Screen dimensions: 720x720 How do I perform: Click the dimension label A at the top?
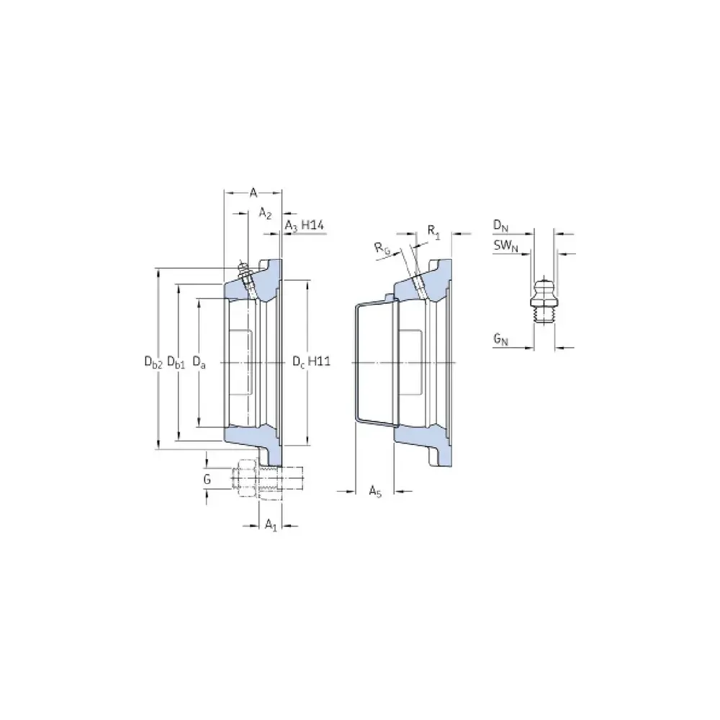(253, 192)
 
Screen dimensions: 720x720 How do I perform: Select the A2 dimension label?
(266, 213)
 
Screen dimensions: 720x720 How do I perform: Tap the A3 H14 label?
(305, 225)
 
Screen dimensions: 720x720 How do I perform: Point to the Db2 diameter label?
(153, 362)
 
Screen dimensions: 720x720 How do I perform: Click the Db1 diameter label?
(176, 362)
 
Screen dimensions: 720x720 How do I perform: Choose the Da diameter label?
(199, 362)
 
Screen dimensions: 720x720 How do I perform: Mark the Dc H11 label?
(312, 361)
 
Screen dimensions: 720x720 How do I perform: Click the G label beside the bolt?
(207, 480)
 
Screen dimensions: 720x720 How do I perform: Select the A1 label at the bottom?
(271, 525)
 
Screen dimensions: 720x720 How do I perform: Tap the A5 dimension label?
(375, 491)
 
